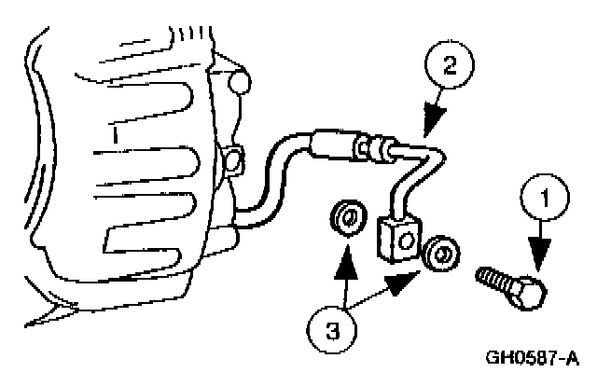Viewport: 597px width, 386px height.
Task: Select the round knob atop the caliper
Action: click(241, 83)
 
